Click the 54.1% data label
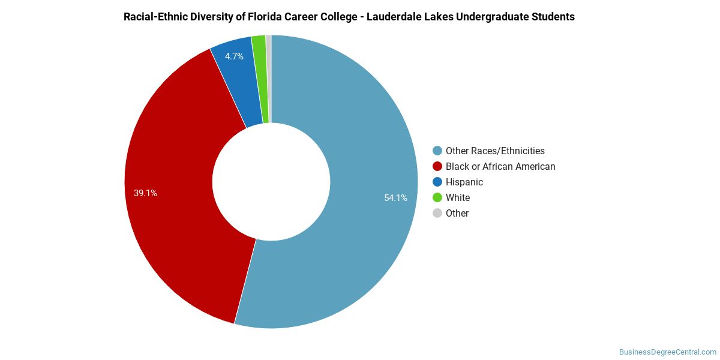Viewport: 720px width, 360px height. pyautogui.click(x=395, y=198)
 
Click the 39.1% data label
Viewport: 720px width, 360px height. pyautogui.click(x=145, y=193)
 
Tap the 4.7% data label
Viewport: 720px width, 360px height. pyautogui.click(x=234, y=56)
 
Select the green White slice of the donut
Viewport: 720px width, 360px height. pyautogui.click(x=259, y=78)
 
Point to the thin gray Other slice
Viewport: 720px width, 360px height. pyautogui.click(x=269, y=78)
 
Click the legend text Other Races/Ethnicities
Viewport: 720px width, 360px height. pyautogui.click(x=495, y=151)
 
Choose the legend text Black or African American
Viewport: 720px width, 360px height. pyautogui.click(x=500, y=167)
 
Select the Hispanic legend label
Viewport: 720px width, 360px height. pyautogui.click(x=464, y=182)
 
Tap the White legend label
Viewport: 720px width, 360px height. pyautogui.click(x=458, y=198)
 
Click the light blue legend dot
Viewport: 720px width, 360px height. pyautogui.click(x=437, y=151)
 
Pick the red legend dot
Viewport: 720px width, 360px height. pyautogui.click(x=437, y=167)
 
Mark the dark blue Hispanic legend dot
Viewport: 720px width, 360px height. pyautogui.click(x=437, y=182)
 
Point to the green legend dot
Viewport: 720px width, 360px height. pyautogui.click(x=437, y=198)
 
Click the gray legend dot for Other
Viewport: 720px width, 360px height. pyautogui.click(x=437, y=214)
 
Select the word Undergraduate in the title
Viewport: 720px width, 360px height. pyautogui.click(x=496, y=17)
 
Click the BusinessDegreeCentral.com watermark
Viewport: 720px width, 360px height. pyautogui.click(x=668, y=352)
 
